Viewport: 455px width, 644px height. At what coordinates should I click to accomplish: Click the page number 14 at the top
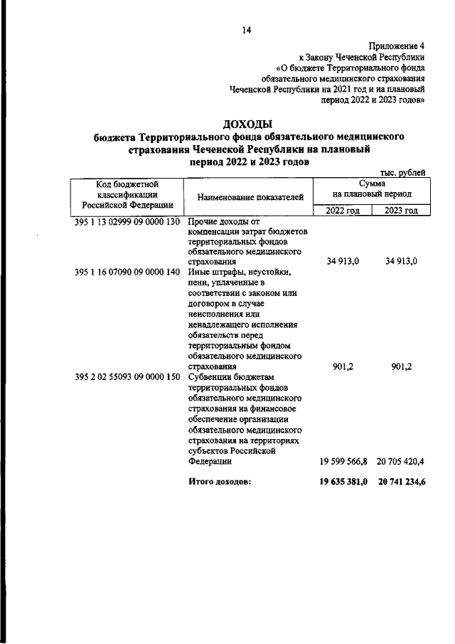tap(247, 30)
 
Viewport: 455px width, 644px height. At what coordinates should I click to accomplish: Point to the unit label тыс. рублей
tap(403, 172)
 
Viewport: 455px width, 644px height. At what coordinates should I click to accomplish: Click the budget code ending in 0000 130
tap(127, 222)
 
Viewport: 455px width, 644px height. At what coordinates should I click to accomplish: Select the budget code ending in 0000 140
tap(127, 271)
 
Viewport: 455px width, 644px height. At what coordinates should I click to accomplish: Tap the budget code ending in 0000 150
tap(127, 376)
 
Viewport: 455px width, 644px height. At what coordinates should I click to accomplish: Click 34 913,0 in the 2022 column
tap(343, 261)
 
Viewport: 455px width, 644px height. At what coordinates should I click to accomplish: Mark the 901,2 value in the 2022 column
tap(345, 366)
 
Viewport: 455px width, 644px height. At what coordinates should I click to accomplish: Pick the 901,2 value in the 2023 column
tap(403, 366)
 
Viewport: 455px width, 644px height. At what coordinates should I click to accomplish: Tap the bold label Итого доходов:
tap(220, 482)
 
